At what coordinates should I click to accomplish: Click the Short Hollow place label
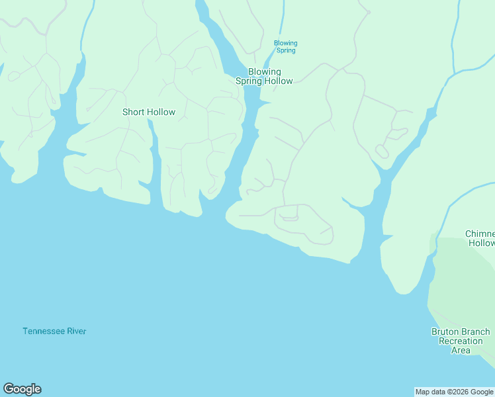(149, 112)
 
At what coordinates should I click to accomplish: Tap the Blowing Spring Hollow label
(264, 76)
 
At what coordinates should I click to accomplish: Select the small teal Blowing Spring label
(286, 47)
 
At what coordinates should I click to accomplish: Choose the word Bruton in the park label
(445, 332)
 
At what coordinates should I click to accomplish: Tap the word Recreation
(461, 341)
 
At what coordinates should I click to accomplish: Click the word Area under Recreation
(461, 350)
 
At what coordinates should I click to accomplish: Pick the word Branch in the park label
(476, 332)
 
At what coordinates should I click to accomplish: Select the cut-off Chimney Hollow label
(480, 238)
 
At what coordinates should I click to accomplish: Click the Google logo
(22, 389)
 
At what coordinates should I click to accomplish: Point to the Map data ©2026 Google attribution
(454, 392)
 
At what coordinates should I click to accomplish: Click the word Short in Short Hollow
(133, 112)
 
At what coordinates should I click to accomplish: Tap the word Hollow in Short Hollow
(161, 112)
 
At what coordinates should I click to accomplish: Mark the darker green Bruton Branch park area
(463, 291)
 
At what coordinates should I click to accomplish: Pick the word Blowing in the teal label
(286, 44)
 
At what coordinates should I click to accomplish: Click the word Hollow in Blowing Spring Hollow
(278, 81)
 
